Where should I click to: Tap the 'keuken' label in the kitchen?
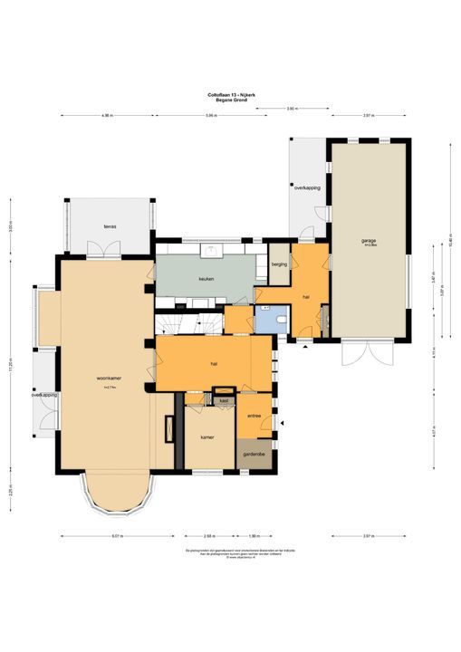206,279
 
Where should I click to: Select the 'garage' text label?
369,241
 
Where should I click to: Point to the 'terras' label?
110,226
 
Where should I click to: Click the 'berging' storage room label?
279,264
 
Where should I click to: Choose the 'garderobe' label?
255,455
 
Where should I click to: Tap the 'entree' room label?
255,416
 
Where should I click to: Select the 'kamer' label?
207,436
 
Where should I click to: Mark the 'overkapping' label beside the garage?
307,187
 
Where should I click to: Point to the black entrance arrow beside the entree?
283,424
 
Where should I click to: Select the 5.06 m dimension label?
210,116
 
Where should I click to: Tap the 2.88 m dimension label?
209,536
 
